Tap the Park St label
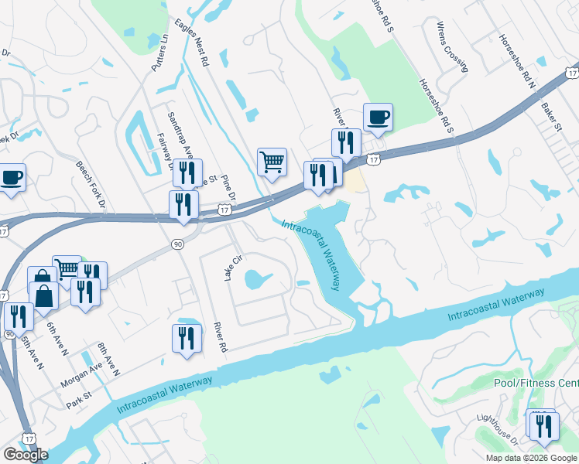(x=79, y=403)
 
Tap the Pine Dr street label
(x=228, y=186)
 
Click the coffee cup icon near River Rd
(x=377, y=118)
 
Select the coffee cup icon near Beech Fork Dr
(x=12, y=177)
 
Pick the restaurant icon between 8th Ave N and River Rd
(x=186, y=338)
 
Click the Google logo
(x=26, y=455)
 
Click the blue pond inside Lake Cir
(x=256, y=278)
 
